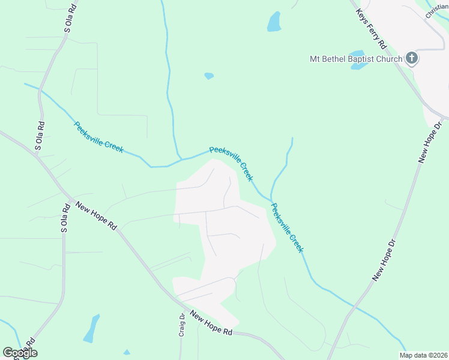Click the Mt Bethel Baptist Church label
tap(355, 59)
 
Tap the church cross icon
tap(411, 58)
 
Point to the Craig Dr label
tap(181, 324)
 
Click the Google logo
tap(20, 353)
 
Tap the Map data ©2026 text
tap(423, 355)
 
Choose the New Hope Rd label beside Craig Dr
tap(211, 323)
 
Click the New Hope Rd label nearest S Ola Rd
tap(96, 216)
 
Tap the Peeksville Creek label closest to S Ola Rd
tap(98, 137)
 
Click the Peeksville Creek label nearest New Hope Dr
tap(288, 228)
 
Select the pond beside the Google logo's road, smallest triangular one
tap(127, 352)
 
